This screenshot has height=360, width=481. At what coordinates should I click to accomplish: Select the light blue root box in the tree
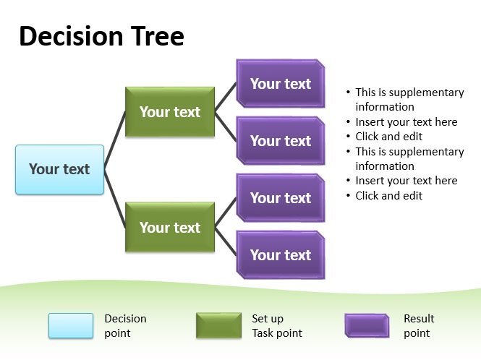click(x=59, y=169)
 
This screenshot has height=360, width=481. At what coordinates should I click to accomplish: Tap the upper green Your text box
click(x=170, y=112)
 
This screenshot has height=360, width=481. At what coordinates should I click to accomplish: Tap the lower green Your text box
click(x=170, y=227)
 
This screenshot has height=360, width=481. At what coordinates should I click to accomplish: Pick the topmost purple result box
click(x=281, y=84)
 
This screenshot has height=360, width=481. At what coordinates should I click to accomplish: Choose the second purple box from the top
click(x=281, y=141)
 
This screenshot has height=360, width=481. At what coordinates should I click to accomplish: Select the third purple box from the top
click(x=281, y=198)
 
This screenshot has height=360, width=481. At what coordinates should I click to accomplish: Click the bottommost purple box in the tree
click(x=281, y=255)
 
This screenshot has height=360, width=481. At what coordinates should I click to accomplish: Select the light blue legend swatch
click(x=71, y=325)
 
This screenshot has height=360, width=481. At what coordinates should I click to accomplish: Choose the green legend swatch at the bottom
click(x=218, y=325)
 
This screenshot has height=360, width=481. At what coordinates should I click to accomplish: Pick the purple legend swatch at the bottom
click(x=367, y=325)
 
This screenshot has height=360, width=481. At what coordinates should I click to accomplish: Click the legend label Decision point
click(x=125, y=325)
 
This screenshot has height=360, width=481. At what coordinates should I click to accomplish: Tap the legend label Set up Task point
click(x=276, y=325)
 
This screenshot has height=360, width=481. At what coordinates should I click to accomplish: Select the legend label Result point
click(x=419, y=325)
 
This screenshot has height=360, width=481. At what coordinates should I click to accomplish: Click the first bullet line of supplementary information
click(x=409, y=100)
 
